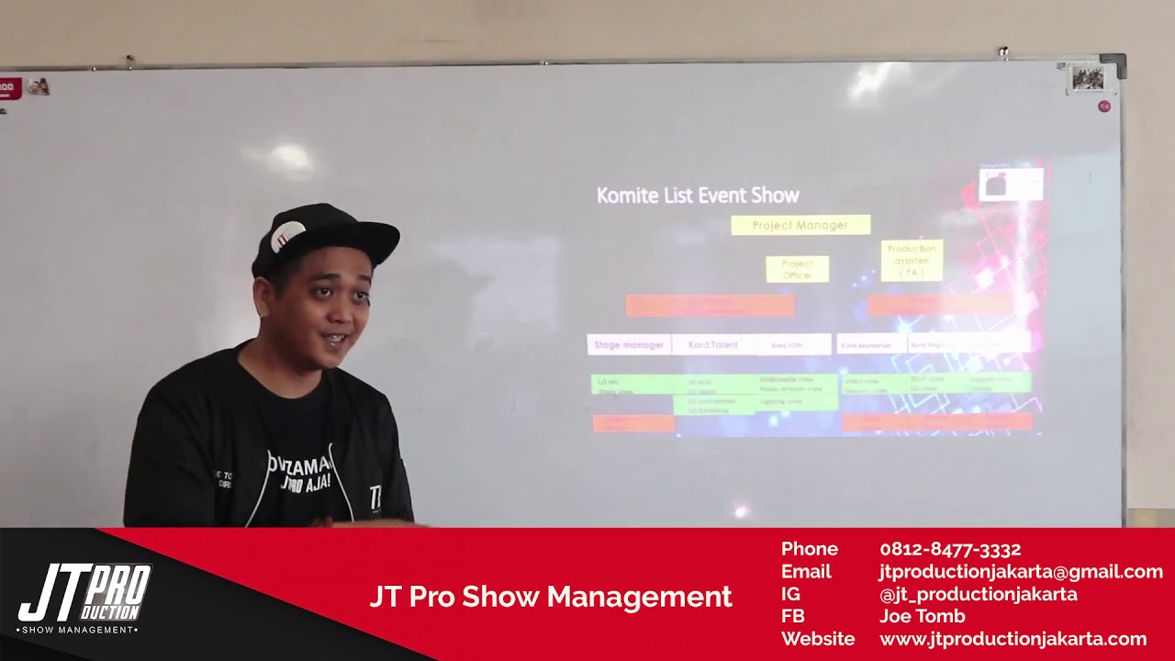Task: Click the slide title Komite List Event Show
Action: [x=698, y=196]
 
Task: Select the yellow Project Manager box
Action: [x=800, y=225]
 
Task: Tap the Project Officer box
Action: [x=797, y=269]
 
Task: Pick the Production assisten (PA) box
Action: [x=912, y=261]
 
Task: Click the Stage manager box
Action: [x=629, y=345]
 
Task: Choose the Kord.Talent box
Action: [x=712, y=345]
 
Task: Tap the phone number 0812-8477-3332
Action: [x=950, y=549]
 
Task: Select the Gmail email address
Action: [x=1020, y=572]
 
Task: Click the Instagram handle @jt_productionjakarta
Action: [x=978, y=594]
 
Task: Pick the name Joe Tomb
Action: [x=922, y=616]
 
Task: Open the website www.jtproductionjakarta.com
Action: [x=1013, y=639]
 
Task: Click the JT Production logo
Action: [x=84, y=598]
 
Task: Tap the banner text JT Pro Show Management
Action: [x=551, y=597]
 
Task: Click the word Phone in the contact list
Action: [x=809, y=549]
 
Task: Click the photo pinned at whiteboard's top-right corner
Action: [x=1088, y=79]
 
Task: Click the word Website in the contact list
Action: [x=817, y=639]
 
